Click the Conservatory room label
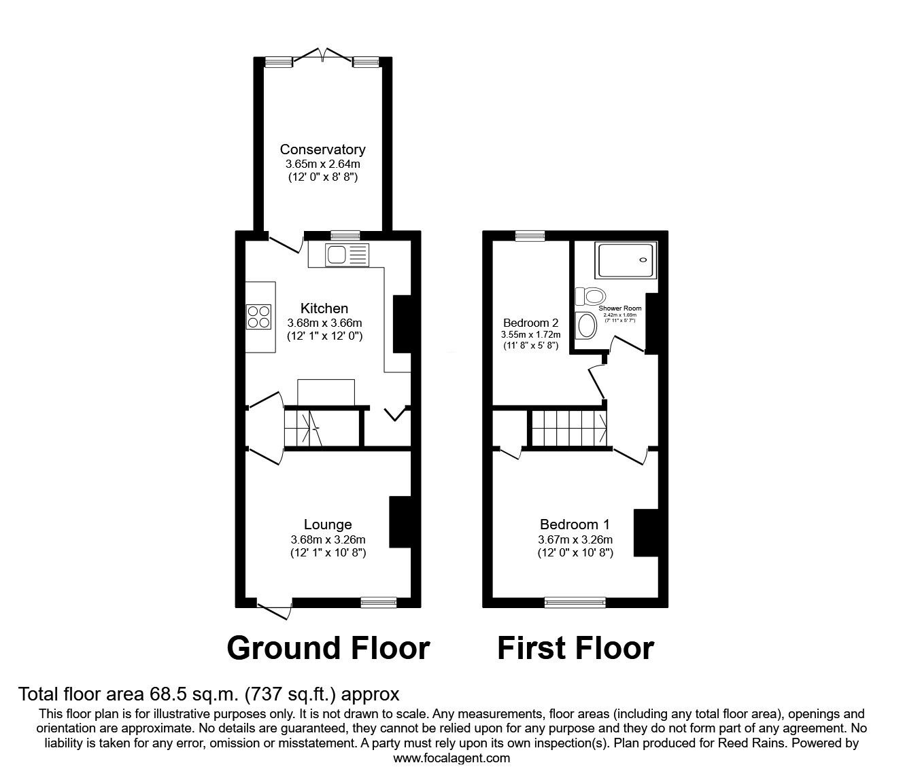tap(322, 149)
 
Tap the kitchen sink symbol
tap(347, 255)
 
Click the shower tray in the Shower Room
tap(627, 261)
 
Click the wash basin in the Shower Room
tap(584, 325)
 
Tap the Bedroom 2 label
tap(530, 322)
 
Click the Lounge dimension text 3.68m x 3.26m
tap(328, 539)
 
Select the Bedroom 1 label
tap(575, 525)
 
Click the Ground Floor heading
tap(328, 648)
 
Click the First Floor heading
tap(575, 648)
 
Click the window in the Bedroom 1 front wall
tap(575, 602)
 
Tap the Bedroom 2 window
tap(530, 236)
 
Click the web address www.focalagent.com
tap(451, 758)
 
